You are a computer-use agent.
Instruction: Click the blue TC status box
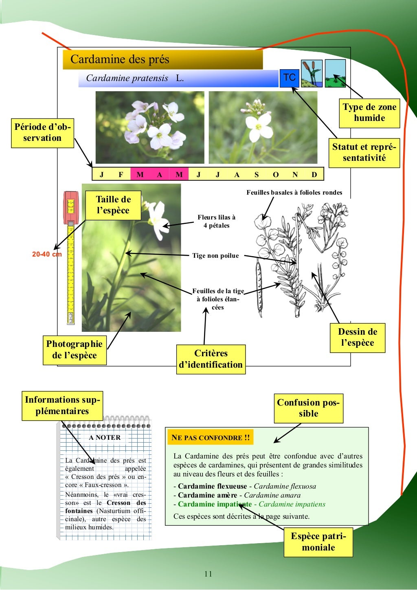289,78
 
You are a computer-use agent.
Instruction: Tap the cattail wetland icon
312,74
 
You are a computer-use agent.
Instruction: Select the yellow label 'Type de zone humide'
369,113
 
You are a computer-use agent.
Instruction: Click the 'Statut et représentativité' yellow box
364,153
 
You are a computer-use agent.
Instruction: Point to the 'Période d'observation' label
42,133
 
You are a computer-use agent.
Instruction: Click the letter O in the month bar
276,175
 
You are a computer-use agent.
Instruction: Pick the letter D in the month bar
314,175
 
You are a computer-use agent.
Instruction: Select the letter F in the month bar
121,175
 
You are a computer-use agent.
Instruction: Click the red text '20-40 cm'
47,254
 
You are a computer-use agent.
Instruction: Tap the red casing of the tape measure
70,208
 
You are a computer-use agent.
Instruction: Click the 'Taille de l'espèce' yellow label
113,205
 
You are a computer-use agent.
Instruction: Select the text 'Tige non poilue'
215,256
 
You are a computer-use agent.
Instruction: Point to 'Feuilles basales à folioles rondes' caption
294,193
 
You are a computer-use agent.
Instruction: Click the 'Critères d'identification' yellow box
211,359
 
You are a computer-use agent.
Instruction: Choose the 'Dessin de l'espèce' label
357,338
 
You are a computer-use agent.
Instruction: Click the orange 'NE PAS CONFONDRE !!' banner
210,438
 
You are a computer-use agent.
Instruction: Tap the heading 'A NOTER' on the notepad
105,438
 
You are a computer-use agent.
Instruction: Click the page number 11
208,574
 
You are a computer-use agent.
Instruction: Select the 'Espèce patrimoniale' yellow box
318,542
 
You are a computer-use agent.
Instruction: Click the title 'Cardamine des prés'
120,59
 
